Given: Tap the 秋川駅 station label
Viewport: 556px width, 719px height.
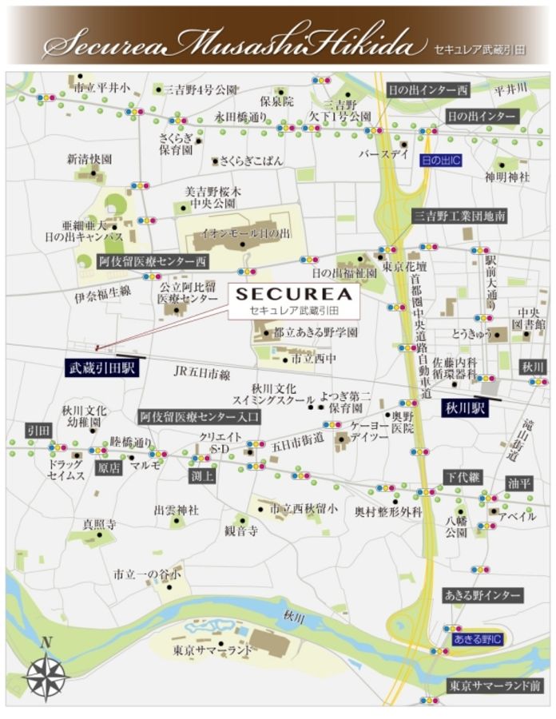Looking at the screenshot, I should click(467, 407).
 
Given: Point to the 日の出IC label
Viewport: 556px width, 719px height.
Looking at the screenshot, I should click(441, 161).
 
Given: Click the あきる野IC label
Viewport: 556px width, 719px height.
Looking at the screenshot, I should click(477, 639).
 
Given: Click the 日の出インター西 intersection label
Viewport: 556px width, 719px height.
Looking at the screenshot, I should click(428, 88).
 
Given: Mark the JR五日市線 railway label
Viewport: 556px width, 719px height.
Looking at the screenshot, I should click(202, 374).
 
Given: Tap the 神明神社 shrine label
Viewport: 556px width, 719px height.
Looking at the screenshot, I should click(507, 177).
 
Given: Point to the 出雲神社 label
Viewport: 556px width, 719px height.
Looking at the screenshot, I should click(176, 510).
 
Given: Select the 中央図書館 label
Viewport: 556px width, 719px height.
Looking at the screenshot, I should click(530, 318).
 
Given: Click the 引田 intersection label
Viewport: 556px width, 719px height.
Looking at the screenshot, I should click(38, 430).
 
